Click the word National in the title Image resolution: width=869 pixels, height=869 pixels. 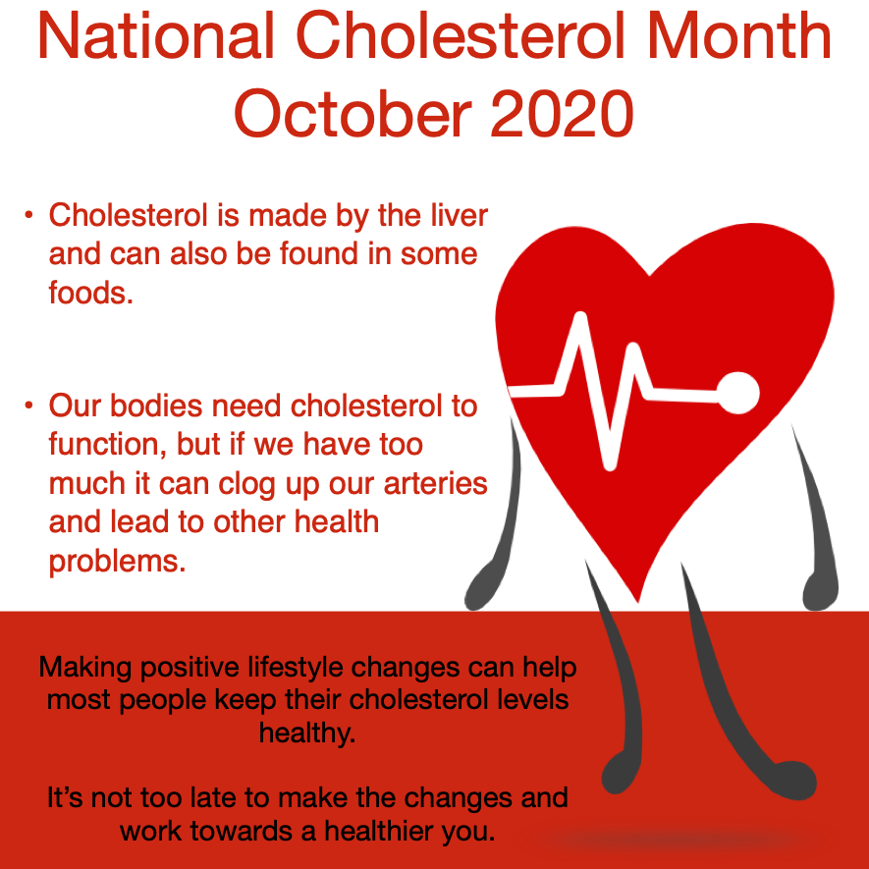156,38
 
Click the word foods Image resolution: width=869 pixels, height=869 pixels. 90,293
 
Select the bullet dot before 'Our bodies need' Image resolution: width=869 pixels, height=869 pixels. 30,405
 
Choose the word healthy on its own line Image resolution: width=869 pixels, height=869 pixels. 306,733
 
